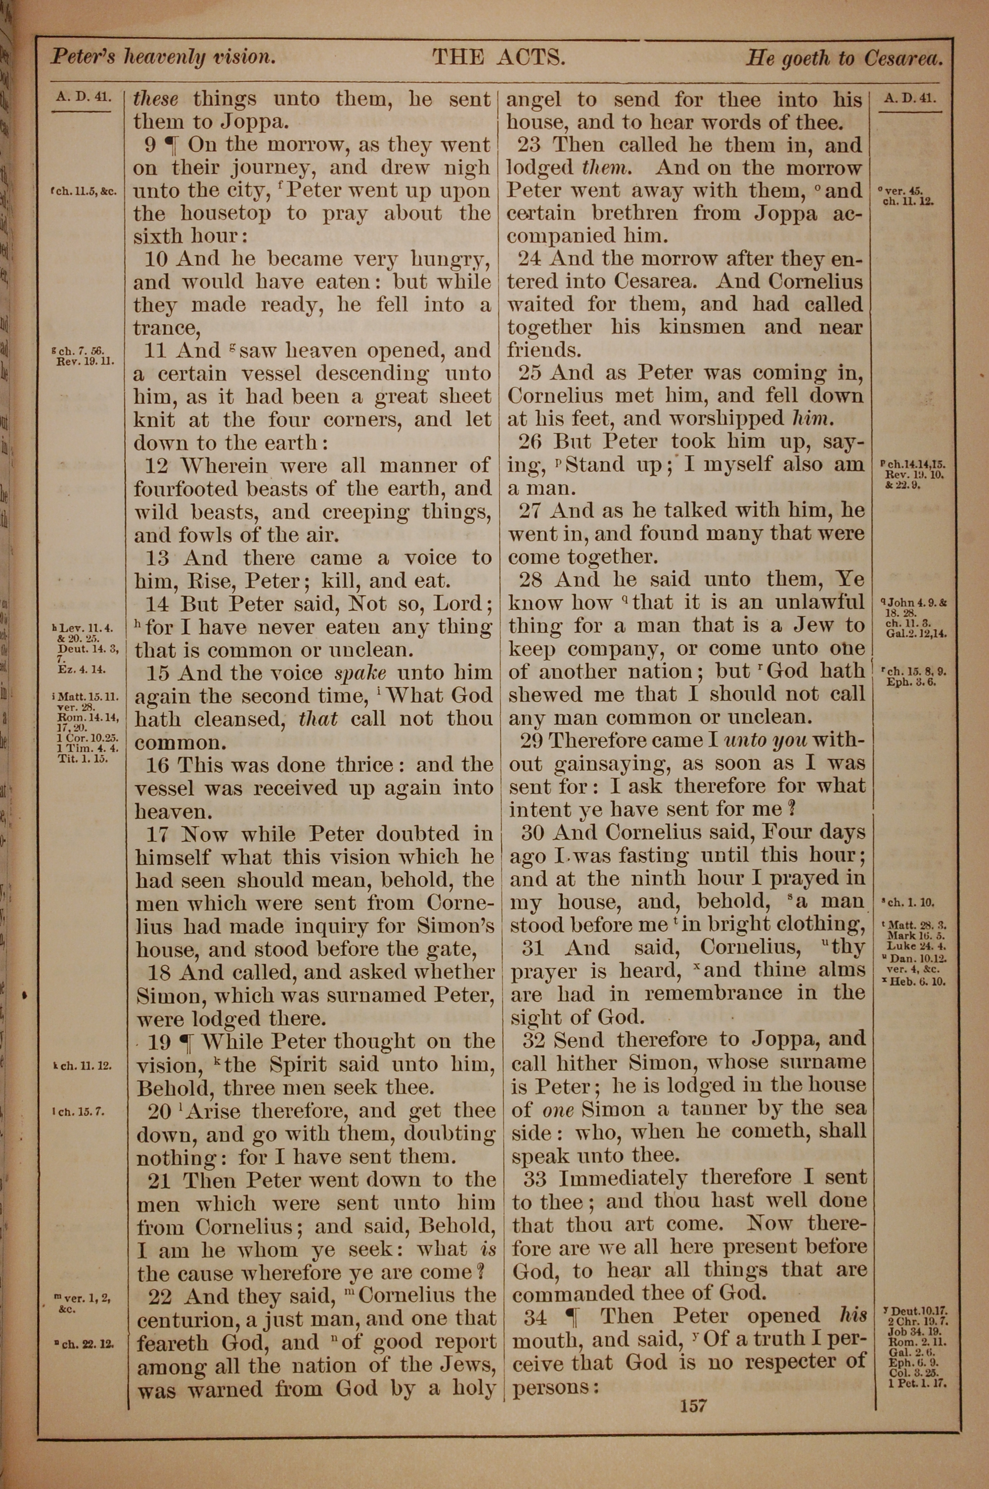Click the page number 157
pyautogui.click(x=693, y=1405)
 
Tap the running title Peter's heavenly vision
pyautogui.click(x=163, y=57)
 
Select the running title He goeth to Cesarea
pyautogui.click(x=844, y=59)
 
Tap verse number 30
pyautogui.click(x=533, y=833)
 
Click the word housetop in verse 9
pyautogui.click(x=220, y=213)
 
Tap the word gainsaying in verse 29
pyautogui.click(x=604, y=764)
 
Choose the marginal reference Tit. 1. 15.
pyautogui.click(x=83, y=759)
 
